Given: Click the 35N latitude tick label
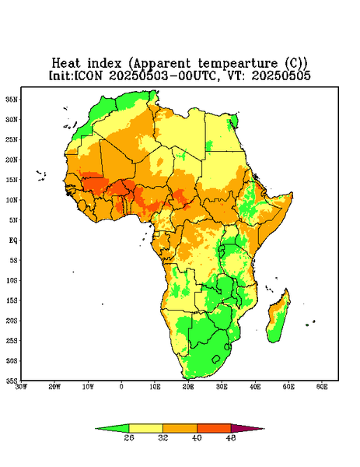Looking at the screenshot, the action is pyautogui.click(x=12, y=99).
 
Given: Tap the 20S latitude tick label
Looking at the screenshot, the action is pyautogui.click(x=12, y=321).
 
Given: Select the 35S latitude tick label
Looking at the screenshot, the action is pyautogui.click(x=12, y=381).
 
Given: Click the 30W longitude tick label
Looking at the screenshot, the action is pyautogui.click(x=22, y=387).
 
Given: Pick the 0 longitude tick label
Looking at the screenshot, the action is pyautogui.click(x=121, y=387).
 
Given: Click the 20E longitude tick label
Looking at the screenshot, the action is pyautogui.click(x=188, y=387).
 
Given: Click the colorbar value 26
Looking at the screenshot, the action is pyautogui.click(x=129, y=437).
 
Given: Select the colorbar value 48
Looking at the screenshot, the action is pyautogui.click(x=231, y=437).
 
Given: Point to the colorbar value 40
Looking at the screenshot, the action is pyautogui.click(x=197, y=437).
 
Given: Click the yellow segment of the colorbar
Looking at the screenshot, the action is pyautogui.click(x=145, y=428).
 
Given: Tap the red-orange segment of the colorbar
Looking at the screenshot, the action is pyautogui.click(x=214, y=428).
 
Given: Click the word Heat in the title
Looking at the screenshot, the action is pyautogui.click(x=66, y=64).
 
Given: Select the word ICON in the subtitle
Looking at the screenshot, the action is pyautogui.click(x=88, y=75).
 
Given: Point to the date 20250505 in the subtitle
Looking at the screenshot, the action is pyautogui.click(x=281, y=75).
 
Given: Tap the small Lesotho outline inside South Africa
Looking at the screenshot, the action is pyautogui.click(x=216, y=359).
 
